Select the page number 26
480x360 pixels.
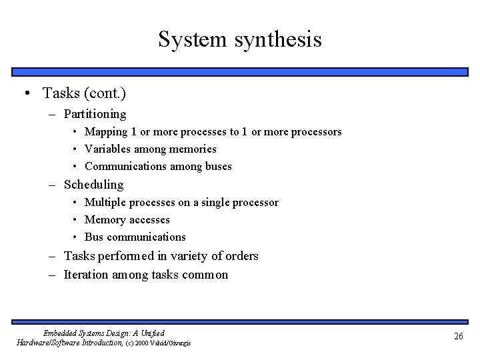tap(458, 337)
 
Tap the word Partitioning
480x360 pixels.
tap(95, 114)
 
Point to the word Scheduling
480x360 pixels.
tap(93, 185)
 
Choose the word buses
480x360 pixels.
tap(217, 167)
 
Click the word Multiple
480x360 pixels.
tap(105, 202)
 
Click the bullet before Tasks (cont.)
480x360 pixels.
tap(25, 93)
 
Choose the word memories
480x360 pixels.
tap(193, 149)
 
